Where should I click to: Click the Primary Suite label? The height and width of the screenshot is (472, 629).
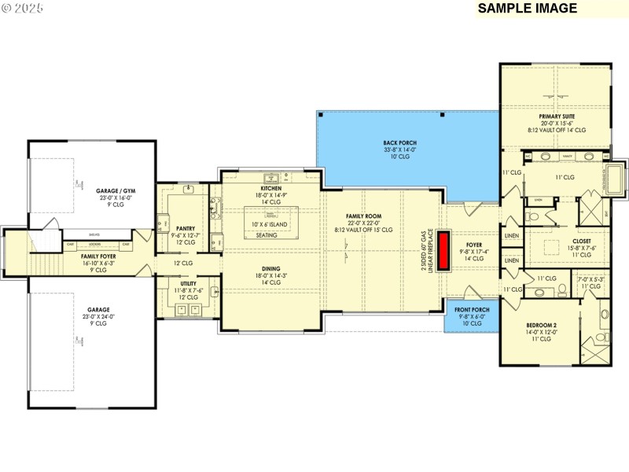556,116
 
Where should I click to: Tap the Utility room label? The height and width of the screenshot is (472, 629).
188,284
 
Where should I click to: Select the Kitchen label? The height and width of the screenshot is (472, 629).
270,190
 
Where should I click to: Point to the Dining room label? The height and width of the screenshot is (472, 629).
270,267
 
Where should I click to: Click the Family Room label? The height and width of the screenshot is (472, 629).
363,216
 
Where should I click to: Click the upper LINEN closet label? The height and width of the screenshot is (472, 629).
512,235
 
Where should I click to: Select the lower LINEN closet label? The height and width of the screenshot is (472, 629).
512,260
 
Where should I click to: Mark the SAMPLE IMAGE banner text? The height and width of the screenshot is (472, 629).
528,9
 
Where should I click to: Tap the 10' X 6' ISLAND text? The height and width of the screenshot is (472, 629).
270,224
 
